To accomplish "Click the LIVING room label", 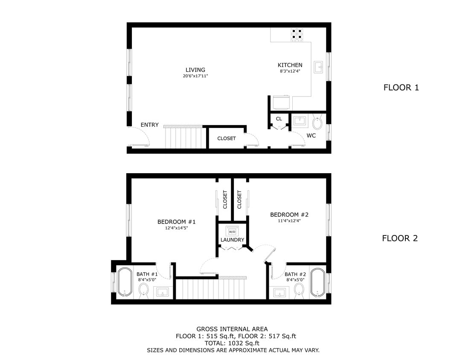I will pyautogui.click(x=195, y=70).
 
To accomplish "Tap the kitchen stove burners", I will pyautogui.click(x=297, y=34).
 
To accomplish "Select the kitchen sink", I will pyautogui.click(x=318, y=67).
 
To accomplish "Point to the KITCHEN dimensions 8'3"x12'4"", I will pyautogui.click(x=290, y=71).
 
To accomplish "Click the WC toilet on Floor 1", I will pyautogui.click(x=317, y=123).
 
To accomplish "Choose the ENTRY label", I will pyautogui.click(x=149, y=125).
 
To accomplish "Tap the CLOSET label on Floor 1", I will pyautogui.click(x=226, y=138).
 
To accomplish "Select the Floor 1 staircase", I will pyautogui.click(x=183, y=137).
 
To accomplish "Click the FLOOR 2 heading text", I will pyautogui.click(x=399, y=238).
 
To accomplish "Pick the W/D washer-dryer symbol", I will pyautogui.click(x=232, y=231).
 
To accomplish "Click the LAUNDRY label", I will pyautogui.click(x=232, y=240).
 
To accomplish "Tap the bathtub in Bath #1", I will pyautogui.click(x=124, y=282).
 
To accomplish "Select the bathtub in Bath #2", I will pyautogui.click(x=317, y=282).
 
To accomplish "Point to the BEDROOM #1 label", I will pyautogui.click(x=176, y=222).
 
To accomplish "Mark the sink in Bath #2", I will pyautogui.click(x=280, y=293).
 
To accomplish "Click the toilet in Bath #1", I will pyautogui.click(x=143, y=292).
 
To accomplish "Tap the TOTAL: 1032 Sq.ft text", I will pyautogui.click(x=232, y=343).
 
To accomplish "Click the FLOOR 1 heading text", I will pyautogui.click(x=401, y=88).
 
